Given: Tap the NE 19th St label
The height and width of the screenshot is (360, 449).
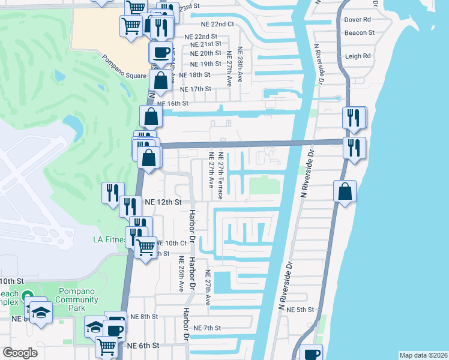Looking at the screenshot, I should pos(205,64).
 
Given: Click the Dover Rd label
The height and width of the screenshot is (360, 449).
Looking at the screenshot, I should pos(357,20).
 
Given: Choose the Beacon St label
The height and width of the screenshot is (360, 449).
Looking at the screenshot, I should pos(360,32).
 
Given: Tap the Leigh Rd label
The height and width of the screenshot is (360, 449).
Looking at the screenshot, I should pos(358,56).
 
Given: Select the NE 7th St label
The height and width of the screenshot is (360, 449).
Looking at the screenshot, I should pos(208,328).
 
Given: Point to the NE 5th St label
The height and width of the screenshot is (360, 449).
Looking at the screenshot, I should pos(300,310).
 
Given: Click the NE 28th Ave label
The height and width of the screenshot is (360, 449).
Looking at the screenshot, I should pos(240,64).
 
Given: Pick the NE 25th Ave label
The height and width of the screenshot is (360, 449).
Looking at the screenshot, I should pos(181,274).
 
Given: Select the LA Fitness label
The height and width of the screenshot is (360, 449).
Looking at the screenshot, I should pos(110,239).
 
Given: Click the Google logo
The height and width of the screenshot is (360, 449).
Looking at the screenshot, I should pos(20,353).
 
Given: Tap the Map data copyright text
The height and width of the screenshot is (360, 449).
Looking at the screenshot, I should pos(423,355).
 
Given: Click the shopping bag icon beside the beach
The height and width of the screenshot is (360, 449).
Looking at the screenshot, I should pos(346,193).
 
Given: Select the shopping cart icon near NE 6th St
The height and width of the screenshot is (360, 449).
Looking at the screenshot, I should pos(106,346).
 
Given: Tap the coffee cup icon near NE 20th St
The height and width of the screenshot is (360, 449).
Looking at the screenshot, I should pos(160,52).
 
